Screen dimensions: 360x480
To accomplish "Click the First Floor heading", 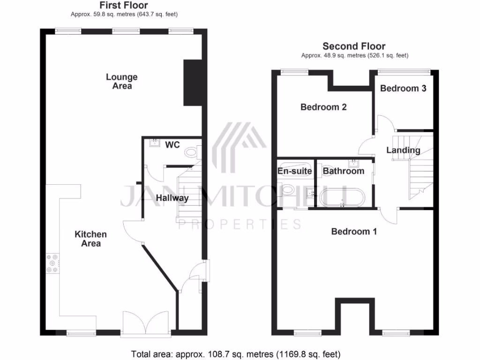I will [x=124, y=6].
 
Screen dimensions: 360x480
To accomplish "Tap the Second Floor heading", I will [x=354, y=46].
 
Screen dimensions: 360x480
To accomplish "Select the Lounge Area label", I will [x=121, y=81].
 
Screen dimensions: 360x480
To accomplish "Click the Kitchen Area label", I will [x=90, y=239].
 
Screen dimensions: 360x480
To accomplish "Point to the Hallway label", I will [x=172, y=198].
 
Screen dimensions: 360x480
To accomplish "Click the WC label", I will [x=173, y=145].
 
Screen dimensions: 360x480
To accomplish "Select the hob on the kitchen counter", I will [x=52, y=263].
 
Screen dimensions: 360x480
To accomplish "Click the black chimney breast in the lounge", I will [x=192, y=83].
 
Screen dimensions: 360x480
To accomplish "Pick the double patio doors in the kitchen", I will [x=146, y=323].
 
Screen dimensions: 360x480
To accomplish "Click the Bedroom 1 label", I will [x=354, y=231].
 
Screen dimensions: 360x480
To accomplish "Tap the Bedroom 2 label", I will [x=323, y=107].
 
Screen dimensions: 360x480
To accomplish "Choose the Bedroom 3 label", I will [x=403, y=88].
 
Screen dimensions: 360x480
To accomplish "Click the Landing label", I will [x=403, y=150].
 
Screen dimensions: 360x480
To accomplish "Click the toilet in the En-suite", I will [x=287, y=190].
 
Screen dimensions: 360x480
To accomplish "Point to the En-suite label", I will [x=295, y=171].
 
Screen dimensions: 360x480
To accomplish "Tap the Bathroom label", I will [x=344, y=171].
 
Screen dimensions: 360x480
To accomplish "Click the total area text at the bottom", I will [x=235, y=353].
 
